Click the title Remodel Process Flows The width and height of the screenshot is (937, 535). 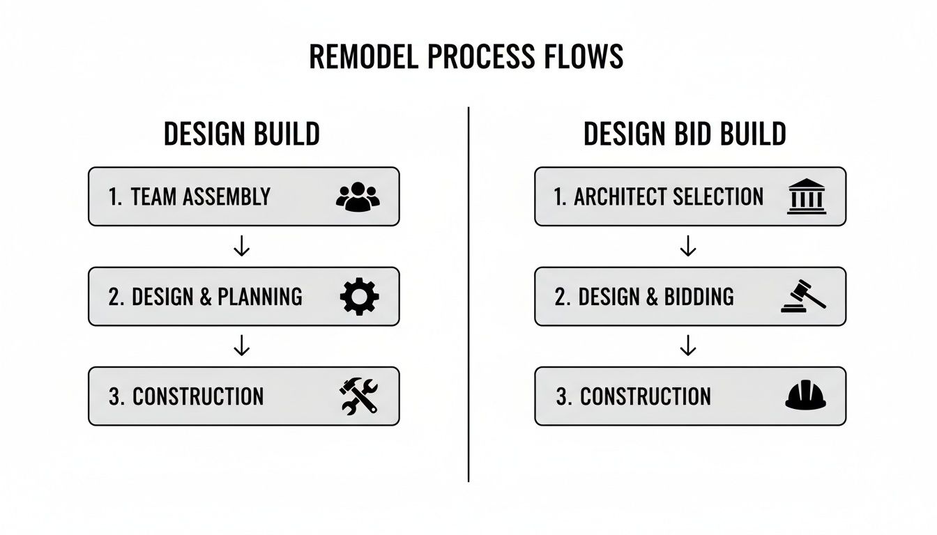coord(466,58)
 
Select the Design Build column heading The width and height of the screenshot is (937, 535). coord(242,134)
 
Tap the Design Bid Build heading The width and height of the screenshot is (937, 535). coord(685,134)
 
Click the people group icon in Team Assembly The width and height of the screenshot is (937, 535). coord(358,197)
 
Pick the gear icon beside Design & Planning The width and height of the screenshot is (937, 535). coord(359,297)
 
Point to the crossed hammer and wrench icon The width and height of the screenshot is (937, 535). coord(358,396)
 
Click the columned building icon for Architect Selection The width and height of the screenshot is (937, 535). coord(806,196)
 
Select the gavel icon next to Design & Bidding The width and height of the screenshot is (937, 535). coord(804,296)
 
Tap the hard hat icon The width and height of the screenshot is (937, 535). coord(805,395)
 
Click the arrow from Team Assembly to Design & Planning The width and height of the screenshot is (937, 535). coord(242,247)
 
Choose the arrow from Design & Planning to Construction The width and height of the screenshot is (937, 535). coord(242,346)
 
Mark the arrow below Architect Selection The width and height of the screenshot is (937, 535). coord(688,246)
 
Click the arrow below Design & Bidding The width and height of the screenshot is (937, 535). coord(688,346)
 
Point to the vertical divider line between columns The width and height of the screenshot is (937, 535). coord(468,293)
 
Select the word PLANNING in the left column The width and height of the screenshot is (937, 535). coord(260,297)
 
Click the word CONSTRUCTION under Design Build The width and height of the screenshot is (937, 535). coord(198,396)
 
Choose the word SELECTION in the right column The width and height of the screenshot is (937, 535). coord(717,197)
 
